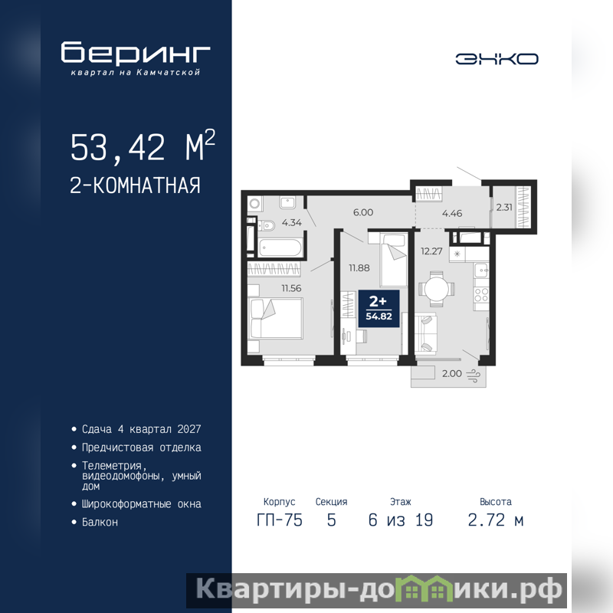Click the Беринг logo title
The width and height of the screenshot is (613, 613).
[x=136, y=52]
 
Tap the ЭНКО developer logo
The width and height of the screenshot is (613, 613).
[x=497, y=59]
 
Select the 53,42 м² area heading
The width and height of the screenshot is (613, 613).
[x=143, y=146]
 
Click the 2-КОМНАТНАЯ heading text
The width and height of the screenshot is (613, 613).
[x=135, y=185]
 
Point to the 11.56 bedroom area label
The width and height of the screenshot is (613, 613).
[x=291, y=289]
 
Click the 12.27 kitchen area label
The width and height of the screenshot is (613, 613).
[x=431, y=251]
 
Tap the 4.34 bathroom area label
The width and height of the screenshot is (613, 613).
[x=292, y=223]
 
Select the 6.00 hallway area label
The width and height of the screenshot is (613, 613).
[x=363, y=212]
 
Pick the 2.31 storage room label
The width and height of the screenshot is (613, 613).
[x=504, y=207]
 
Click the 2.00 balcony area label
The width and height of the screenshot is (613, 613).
[x=452, y=374]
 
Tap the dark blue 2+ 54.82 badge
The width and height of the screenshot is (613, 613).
[x=379, y=309]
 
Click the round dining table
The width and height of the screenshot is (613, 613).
[x=437, y=290]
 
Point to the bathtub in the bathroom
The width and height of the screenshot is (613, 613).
[x=280, y=247]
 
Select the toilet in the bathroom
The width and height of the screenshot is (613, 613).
[x=266, y=225]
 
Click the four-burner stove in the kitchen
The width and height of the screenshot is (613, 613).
[x=481, y=295]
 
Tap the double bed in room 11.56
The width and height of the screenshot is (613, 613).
[x=276, y=318]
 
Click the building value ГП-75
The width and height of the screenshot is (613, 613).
[x=280, y=520]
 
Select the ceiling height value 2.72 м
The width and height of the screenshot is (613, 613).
[x=496, y=520]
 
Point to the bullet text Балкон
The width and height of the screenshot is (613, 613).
[x=100, y=523]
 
